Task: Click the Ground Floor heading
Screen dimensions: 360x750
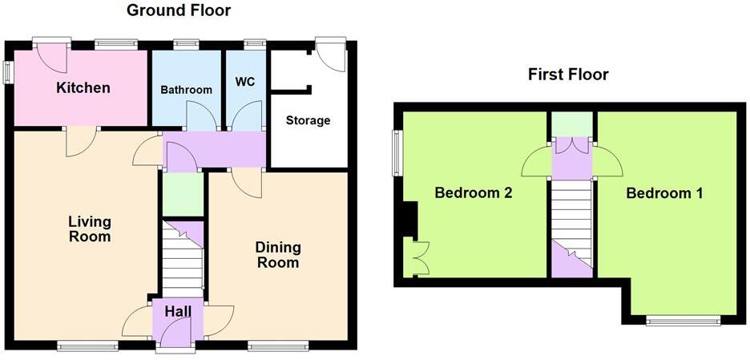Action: click(x=179, y=10)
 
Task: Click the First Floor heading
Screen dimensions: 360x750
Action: click(x=568, y=75)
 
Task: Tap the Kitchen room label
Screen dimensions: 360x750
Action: click(x=83, y=87)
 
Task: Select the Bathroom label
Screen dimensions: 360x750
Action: click(x=186, y=90)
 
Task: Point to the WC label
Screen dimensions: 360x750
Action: click(x=244, y=83)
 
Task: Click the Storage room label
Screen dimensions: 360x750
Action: click(x=308, y=120)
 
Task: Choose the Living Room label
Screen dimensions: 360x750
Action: click(x=89, y=229)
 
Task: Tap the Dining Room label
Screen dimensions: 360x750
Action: click(x=277, y=255)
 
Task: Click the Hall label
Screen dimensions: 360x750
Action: click(x=177, y=310)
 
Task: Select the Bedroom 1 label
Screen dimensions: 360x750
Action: click(x=664, y=193)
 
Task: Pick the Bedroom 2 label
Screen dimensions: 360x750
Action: click(x=473, y=193)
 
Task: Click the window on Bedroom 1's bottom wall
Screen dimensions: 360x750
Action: click(x=683, y=321)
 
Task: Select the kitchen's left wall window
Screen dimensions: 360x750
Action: click(x=8, y=71)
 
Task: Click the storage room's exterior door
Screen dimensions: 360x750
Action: click(x=331, y=52)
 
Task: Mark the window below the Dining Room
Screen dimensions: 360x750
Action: click(x=277, y=346)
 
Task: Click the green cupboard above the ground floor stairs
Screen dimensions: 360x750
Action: click(x=183, y=195)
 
